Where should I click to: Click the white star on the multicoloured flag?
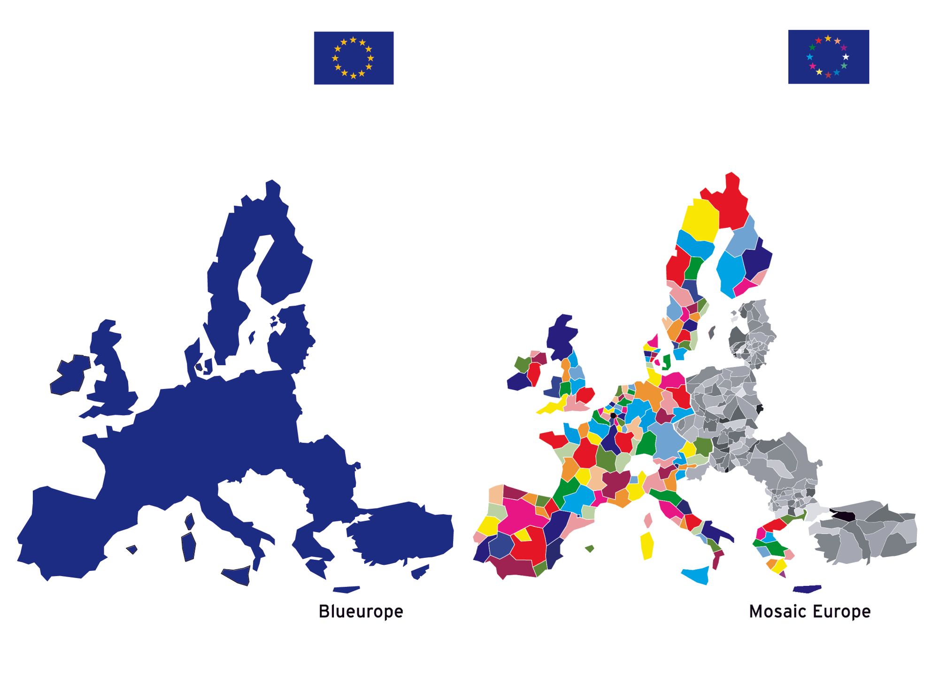tap(846, 57)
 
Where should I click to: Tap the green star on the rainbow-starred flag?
tap(812, 47)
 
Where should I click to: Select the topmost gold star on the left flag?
tap(353, 40)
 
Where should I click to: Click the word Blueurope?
tap(361, 612)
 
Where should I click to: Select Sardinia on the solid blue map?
tap(189, 547)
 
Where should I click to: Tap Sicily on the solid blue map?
tap(237, 575)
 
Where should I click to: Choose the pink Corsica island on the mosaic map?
tap(648, 520)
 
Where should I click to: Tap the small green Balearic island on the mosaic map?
tap(590, 548)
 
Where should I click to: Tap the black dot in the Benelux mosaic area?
tap(613, 416)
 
